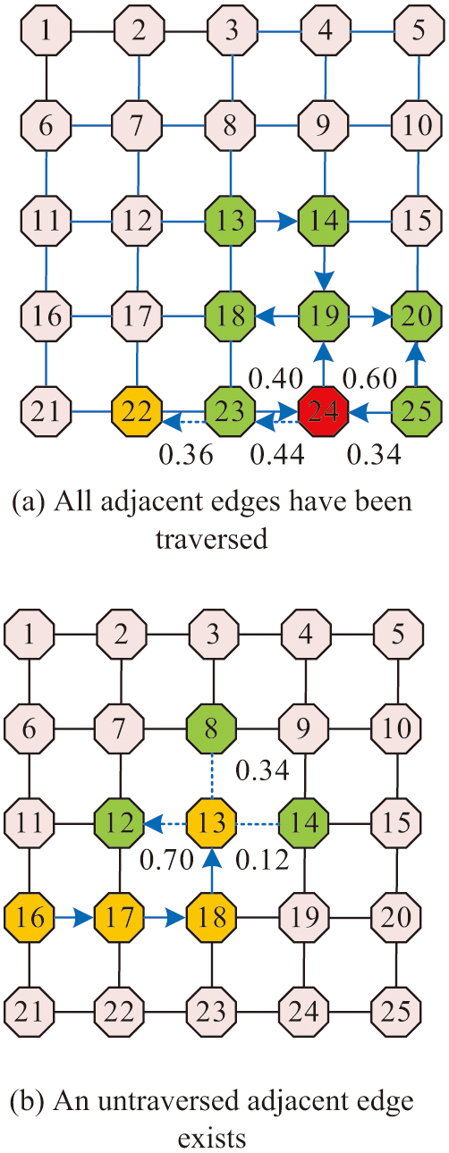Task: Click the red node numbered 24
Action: pos(325,412)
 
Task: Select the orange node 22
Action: pos(138,412)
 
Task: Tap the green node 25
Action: pos(417,412)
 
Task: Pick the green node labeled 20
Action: pos(417,316)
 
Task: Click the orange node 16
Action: pos(30,917)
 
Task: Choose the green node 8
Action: pos(212,728)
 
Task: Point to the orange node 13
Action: pos(212,822)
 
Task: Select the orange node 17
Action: pos(120,917)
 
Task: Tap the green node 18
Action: pos(231,316)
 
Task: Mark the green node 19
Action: pos(325,316)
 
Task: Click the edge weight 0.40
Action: pos(275,379)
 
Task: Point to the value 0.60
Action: pos(369,379)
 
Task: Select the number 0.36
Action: pos(186,455)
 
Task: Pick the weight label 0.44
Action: pos(277,455)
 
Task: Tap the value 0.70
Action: pos(167,860)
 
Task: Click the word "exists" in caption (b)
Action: pos(212,1138)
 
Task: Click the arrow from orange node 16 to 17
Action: pos(74,917)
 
